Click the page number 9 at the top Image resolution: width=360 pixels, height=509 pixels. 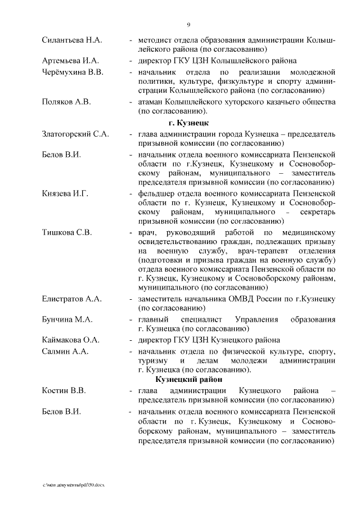pos(188,24)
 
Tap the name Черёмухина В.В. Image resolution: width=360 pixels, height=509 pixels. pos(73,73)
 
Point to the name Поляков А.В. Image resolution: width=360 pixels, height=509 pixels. pos(66,102)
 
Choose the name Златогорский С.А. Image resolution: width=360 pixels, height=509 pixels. pos(75,134)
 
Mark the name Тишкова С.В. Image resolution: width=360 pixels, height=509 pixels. pos(67,232)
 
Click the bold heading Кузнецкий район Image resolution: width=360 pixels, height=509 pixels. pos(189,380)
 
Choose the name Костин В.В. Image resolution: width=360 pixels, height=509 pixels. pos(64,390)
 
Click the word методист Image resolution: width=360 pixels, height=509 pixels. pos(155,41)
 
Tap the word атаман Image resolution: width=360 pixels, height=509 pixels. pos(152,102)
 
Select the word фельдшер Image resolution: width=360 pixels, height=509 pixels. pos(156,193)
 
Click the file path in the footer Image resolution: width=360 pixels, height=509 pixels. pos(74,485)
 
